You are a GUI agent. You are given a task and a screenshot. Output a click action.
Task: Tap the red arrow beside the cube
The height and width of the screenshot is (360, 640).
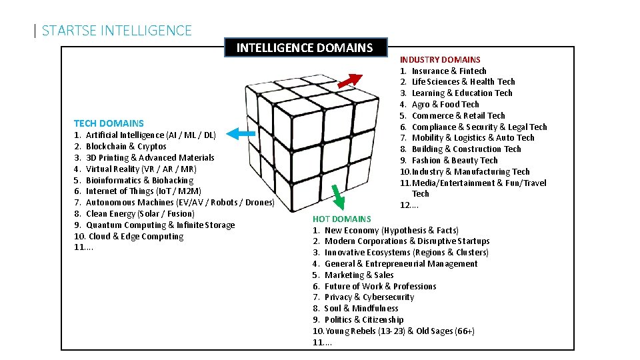coord(349,80)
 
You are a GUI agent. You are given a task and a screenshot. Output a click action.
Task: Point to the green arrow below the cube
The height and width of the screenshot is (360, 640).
coord(339,198)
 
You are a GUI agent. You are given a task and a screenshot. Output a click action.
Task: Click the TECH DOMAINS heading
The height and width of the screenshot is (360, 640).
coord(109,123)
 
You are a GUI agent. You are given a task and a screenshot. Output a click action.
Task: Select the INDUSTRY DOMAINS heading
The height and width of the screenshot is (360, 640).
coord(440,60)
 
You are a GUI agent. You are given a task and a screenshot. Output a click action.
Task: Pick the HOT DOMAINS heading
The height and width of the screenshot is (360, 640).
coord(342,219)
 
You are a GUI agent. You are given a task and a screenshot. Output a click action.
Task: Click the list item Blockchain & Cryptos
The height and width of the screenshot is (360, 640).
coord(126,146)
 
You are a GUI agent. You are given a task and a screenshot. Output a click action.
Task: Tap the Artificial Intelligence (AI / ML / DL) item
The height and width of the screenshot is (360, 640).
coord(151,135)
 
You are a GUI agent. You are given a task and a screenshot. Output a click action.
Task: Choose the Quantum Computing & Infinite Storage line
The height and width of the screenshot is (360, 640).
coord(160,225)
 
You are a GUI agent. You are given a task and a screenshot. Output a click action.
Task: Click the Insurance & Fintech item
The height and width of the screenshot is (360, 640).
coord(449,71)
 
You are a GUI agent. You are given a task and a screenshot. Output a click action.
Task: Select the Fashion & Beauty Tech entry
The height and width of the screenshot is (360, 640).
coord(454,160)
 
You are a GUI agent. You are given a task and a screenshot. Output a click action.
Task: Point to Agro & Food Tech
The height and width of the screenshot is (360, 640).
coord(445,104)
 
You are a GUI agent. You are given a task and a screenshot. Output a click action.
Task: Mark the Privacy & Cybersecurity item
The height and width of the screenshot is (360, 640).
coord(369,297)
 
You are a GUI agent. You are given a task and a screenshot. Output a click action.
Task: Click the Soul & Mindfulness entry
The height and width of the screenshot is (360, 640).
coord(361,308)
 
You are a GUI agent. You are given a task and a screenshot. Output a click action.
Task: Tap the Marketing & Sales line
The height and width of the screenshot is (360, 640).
coord(359,275)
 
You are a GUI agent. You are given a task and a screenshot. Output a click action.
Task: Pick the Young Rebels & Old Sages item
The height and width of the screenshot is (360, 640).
coord(399,331)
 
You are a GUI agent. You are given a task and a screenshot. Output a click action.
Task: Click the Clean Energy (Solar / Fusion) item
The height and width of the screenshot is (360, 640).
coord(140,213)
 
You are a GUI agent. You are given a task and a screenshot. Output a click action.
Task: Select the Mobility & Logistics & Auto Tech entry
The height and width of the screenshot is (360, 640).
coord(473,137)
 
